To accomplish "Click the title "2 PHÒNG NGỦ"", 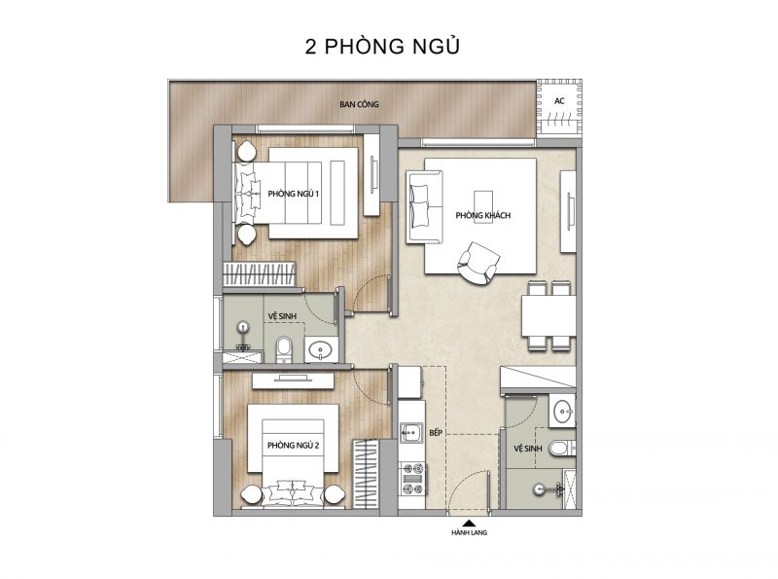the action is click(x=382, y=46).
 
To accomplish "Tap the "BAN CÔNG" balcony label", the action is click(x=359, y=104).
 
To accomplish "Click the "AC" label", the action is click(x=559, y=101).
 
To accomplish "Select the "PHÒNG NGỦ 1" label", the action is click(x=294, y=194).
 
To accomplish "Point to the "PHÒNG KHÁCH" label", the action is click(x=482, y=215).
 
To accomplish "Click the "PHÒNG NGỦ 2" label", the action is click(x=294, y=446).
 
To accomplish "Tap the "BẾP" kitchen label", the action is click(x=436, y=433).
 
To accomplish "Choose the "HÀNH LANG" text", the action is click(x=470, y=533).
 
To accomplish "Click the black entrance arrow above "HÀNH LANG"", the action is click(x=470, y=523).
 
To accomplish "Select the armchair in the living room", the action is click(x=477, y=263).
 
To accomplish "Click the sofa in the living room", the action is click(x=424, y=207).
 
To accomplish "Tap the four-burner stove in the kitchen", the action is click(x=413, y=479).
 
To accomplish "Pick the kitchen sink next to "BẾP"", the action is click(x=410, y=432).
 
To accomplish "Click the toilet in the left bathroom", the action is click(x=284, y=350).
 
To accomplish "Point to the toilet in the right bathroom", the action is click(x=561, y=448).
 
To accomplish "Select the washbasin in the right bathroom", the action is click(x=563, y=412).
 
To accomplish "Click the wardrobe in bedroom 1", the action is click(x=259, y=274).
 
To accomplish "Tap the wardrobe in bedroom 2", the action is click(x=366, y=474).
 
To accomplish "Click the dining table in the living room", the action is click(x=548, y=316).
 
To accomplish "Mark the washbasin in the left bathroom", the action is click(x=321, y=349).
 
